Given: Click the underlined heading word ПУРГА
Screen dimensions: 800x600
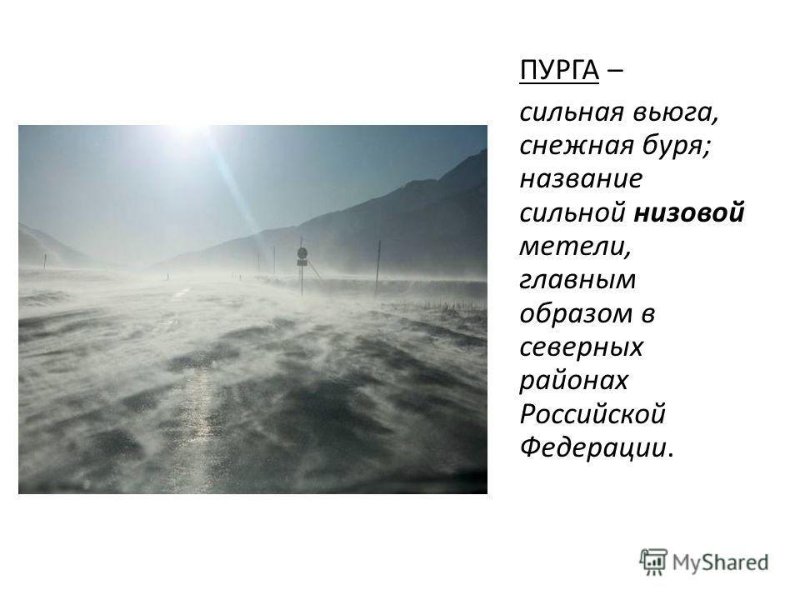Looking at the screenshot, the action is (x=559, y=70).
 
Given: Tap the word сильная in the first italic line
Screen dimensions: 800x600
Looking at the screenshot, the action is (x=572, y=112).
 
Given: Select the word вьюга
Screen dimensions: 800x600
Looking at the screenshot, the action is (x=676, y=112).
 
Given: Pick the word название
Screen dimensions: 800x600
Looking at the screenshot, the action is (x=581, y=179).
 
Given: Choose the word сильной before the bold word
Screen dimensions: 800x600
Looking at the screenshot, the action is (x=572, y=212).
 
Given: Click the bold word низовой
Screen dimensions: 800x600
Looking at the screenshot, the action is (x=689, y=212).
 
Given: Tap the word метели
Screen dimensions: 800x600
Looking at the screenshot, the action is (x=575, y=247).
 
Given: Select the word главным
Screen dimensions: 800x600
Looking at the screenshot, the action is (x=577, y=281).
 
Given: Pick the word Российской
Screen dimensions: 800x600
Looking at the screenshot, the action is (x=592, y=414).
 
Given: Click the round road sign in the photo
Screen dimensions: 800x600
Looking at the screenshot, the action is (x=302, y=253).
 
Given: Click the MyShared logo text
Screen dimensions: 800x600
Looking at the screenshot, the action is (x=720, y=562).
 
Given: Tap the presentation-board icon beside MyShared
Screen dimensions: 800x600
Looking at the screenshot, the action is (x=653, y=562).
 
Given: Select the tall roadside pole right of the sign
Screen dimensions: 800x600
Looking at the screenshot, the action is (x=378, y=267).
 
